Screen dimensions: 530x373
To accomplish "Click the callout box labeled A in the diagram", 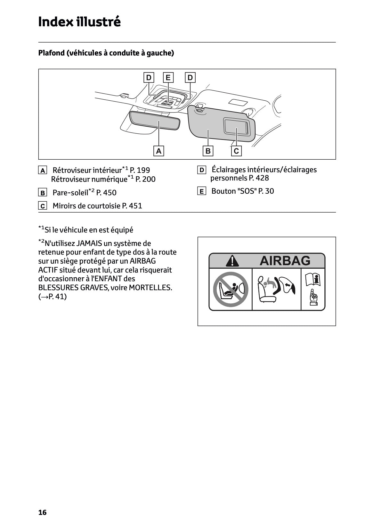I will click(x=159, y=151).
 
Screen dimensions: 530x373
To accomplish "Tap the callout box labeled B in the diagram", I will click(x=208, y=151).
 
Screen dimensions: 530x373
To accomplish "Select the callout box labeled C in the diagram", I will click(x=236, y=151).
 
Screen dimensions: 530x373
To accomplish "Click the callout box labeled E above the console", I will click(x=168, y=78).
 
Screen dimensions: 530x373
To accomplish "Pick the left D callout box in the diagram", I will click(x=149, y=78).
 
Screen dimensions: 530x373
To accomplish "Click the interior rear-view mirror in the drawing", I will click(x=155, y=120).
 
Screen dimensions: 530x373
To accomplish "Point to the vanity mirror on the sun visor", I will click(x=236, y=126).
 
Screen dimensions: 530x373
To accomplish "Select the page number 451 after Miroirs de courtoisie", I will click(x=135, y=206).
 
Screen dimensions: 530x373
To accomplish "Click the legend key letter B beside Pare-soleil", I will click(x=42, y=193).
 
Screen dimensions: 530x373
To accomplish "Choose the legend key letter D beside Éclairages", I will click(x=201, y=170).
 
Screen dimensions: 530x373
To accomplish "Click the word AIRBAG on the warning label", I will click(x=285, y=261).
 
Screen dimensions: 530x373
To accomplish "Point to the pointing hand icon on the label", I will click(x=313, y=298).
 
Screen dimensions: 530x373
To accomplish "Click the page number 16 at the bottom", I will click(x=42, y=512).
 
